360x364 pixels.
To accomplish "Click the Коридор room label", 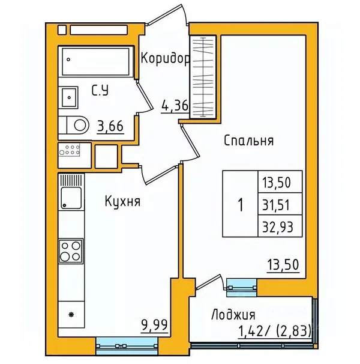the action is click(165, 59).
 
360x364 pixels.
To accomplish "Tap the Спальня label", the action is click(248, 141).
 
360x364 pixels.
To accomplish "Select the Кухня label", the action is click(123, 201).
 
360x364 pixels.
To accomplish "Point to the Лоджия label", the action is click(233, 315).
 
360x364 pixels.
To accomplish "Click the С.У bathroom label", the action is click(100, 90).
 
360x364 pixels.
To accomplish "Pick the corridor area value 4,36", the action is click(175, 106).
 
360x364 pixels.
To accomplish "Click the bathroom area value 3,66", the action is click(110, 127).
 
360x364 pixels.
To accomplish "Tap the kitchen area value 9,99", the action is click(154, 324).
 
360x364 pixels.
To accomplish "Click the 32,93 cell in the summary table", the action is click(278, 227).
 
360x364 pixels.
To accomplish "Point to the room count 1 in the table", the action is click(241, 205).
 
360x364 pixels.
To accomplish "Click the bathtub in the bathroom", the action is click(95, 62).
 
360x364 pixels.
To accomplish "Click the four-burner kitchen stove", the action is click(71, 251).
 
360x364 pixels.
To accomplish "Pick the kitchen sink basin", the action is click(71, 198).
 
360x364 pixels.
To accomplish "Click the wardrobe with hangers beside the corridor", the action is click(203, 77).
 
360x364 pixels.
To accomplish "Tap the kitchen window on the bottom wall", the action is click(127, 346).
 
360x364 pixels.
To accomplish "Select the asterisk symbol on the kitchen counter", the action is click(71, 315).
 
